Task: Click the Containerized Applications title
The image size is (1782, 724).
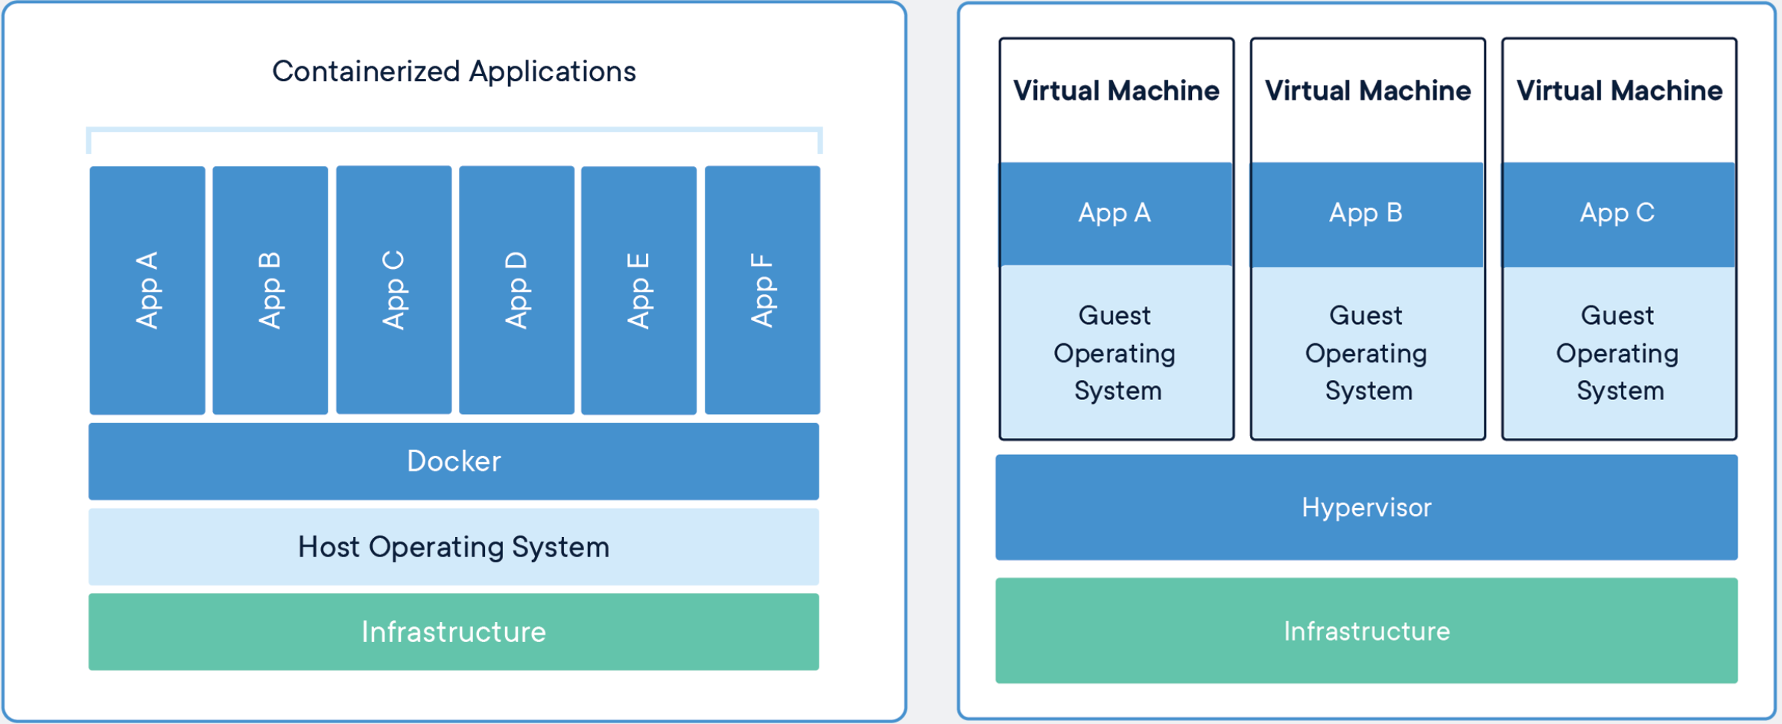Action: [454, 72]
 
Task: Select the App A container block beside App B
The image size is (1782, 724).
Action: [148, 290]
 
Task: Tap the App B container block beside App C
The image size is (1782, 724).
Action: [270, 290]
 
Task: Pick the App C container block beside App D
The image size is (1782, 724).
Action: [394, 290]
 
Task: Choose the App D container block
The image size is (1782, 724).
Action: [517, 290]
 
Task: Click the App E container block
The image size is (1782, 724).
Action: [639, 290]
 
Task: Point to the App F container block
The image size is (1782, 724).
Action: [763, 290]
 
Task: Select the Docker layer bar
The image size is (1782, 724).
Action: [454, 461]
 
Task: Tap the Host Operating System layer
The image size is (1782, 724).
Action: [454, 547]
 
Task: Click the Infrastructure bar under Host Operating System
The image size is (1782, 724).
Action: [454, 632]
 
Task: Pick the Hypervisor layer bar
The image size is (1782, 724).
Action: [1366, 507]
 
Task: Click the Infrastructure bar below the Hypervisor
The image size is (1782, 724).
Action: [1366, 631]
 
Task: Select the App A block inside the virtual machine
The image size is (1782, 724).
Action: [1116, 214]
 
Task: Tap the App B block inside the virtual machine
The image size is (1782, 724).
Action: [1368, 214]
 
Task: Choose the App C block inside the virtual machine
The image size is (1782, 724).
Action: [1619, 214]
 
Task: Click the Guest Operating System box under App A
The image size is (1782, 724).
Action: [1116, 352]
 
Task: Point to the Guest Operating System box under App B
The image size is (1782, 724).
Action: [1368, 352]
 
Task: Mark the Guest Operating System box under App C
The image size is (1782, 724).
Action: [1619, 352]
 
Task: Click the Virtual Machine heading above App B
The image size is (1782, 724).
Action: [1368, 91]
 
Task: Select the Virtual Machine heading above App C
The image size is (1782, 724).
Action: [1620, 91]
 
